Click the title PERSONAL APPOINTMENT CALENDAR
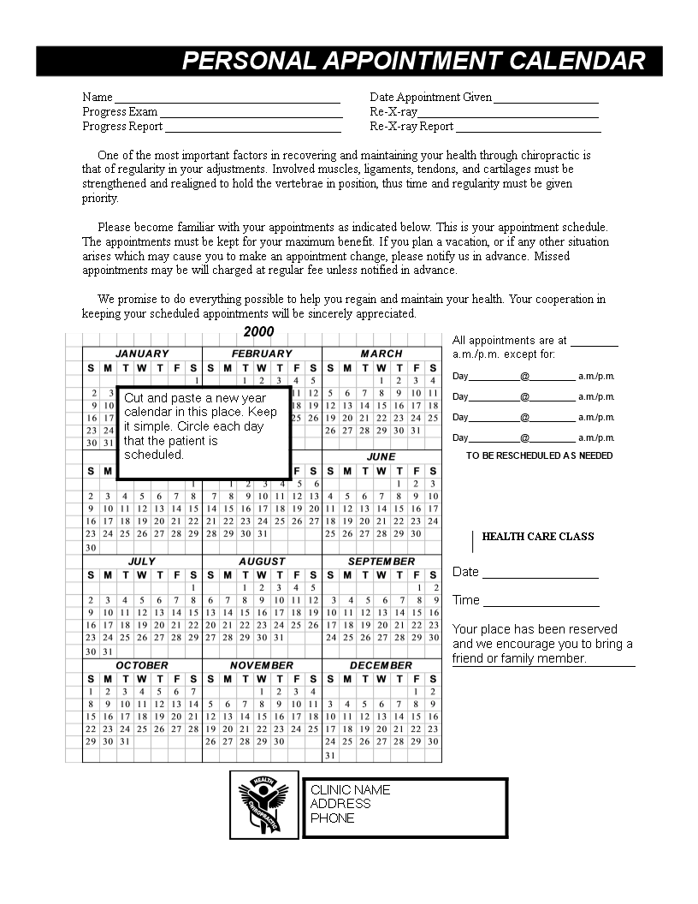click(x=414, y=61)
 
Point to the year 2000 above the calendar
click(x=258, y=332)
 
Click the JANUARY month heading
click(x=142, y=354)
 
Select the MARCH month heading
click(x=382, y=354)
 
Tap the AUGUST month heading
click(x=262, y=562)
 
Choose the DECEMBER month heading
click(x=381, y=665)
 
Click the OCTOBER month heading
click(x=142, y=665)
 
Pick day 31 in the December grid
click(x=330, y=756)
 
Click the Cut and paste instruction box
click(x=204, y=426)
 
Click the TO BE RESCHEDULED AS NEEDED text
click(x=539, y=455)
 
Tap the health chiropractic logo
click(x=263, y=806)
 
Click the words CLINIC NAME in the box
click(x=350, y=789)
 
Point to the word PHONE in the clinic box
click(x=332, y=818)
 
